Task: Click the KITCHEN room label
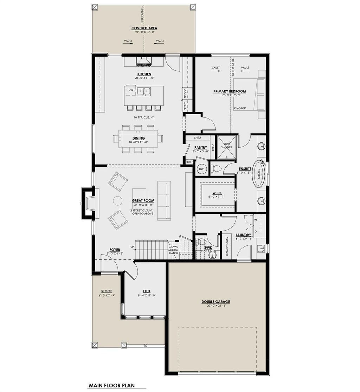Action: pos(144,74)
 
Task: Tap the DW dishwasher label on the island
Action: pos(131,90)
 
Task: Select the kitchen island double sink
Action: pos(144,91)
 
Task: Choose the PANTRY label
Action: pos(200,148)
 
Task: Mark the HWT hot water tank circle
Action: pos(202,169)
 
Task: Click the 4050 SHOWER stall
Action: pos(226,145)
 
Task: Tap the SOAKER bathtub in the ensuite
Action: pos(259,174)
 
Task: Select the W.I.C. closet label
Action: pos(216,193)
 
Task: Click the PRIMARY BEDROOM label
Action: pos(230,91)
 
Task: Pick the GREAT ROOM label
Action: pos(143,201)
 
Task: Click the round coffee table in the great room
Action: pos(117,201)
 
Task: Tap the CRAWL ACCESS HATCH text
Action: pos(173,250)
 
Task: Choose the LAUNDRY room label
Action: pos(243,235)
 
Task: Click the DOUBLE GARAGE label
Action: pos(216,302)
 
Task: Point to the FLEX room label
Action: pos(147,291)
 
